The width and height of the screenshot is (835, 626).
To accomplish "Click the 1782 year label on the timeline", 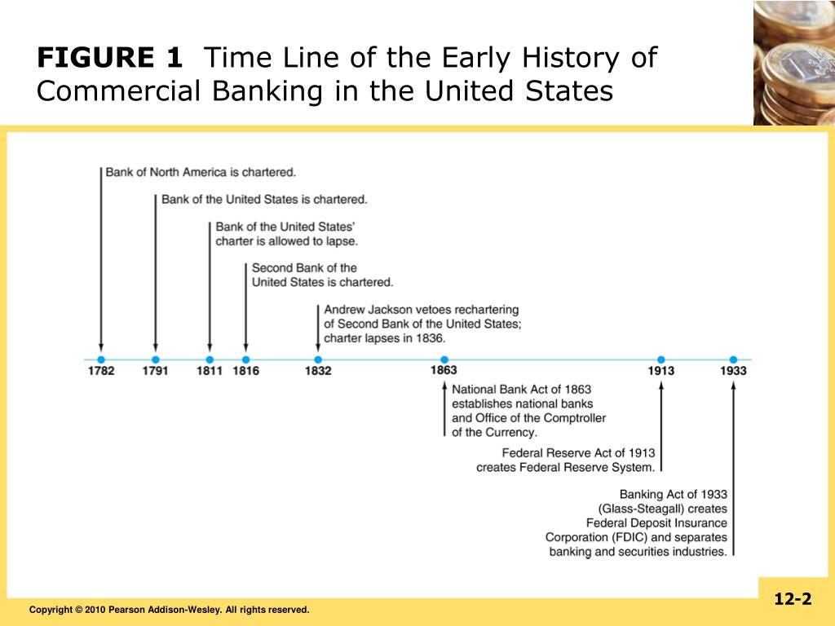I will pyautogui.click(x=101, y=372).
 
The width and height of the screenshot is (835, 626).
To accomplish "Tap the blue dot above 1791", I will pyautogui.click(x=156, y=359).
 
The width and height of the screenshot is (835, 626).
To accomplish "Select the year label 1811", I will pyautogui.click(x=210, y=372).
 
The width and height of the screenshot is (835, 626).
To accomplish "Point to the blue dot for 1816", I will pyautogui.click(x=246, y=359).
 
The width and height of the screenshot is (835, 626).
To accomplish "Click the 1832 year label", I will pyautogui.click(x=318, y=372).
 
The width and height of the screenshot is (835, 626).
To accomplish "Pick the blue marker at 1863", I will pyautogui.click(x=444, y=359).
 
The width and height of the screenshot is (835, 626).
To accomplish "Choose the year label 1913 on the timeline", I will pyautogui.click(x=661, y=372).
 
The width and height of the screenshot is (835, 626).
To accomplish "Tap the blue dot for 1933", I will pyautogui.click(x=733, y=359).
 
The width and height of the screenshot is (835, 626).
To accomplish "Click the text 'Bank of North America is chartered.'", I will pyautogui.click(x=201, y=173).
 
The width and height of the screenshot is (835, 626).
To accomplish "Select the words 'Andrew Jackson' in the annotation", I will pyautogui.click(x=364, y=310).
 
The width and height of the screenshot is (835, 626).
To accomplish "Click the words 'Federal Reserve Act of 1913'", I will pyautogui.click(x=578, y=453).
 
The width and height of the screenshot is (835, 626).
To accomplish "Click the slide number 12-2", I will pyautogui.click(x=793, y=600).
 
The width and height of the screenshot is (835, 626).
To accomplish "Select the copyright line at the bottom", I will pyautogui.click(x=170, y=610).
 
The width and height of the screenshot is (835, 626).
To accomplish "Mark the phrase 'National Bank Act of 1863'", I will pyautogui.click(x=522, y=389).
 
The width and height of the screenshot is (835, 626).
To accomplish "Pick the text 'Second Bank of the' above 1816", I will pyautogui.click(x=304, y=268).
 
